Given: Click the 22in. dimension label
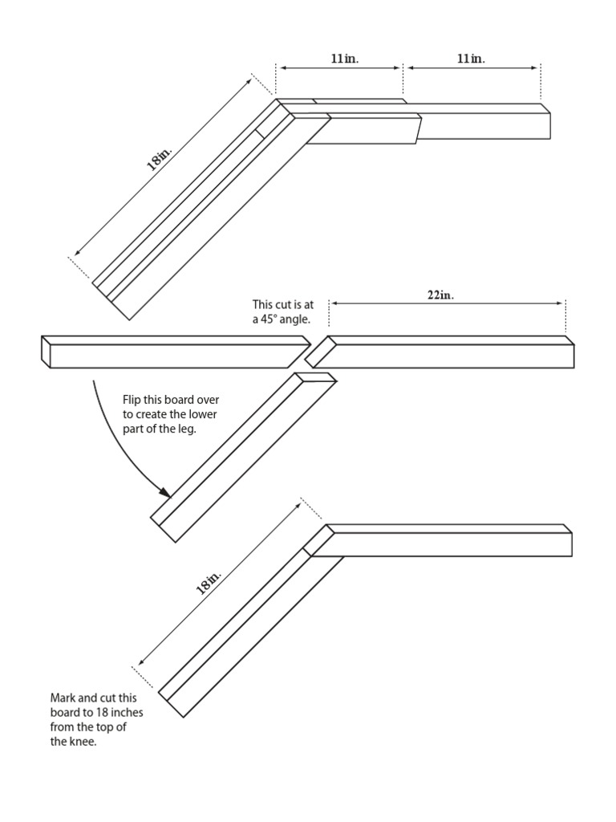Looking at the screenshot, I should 440,295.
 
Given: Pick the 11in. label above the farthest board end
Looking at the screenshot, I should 471,59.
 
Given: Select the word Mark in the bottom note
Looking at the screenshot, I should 63,698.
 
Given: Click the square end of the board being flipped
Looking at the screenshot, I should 46,352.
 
